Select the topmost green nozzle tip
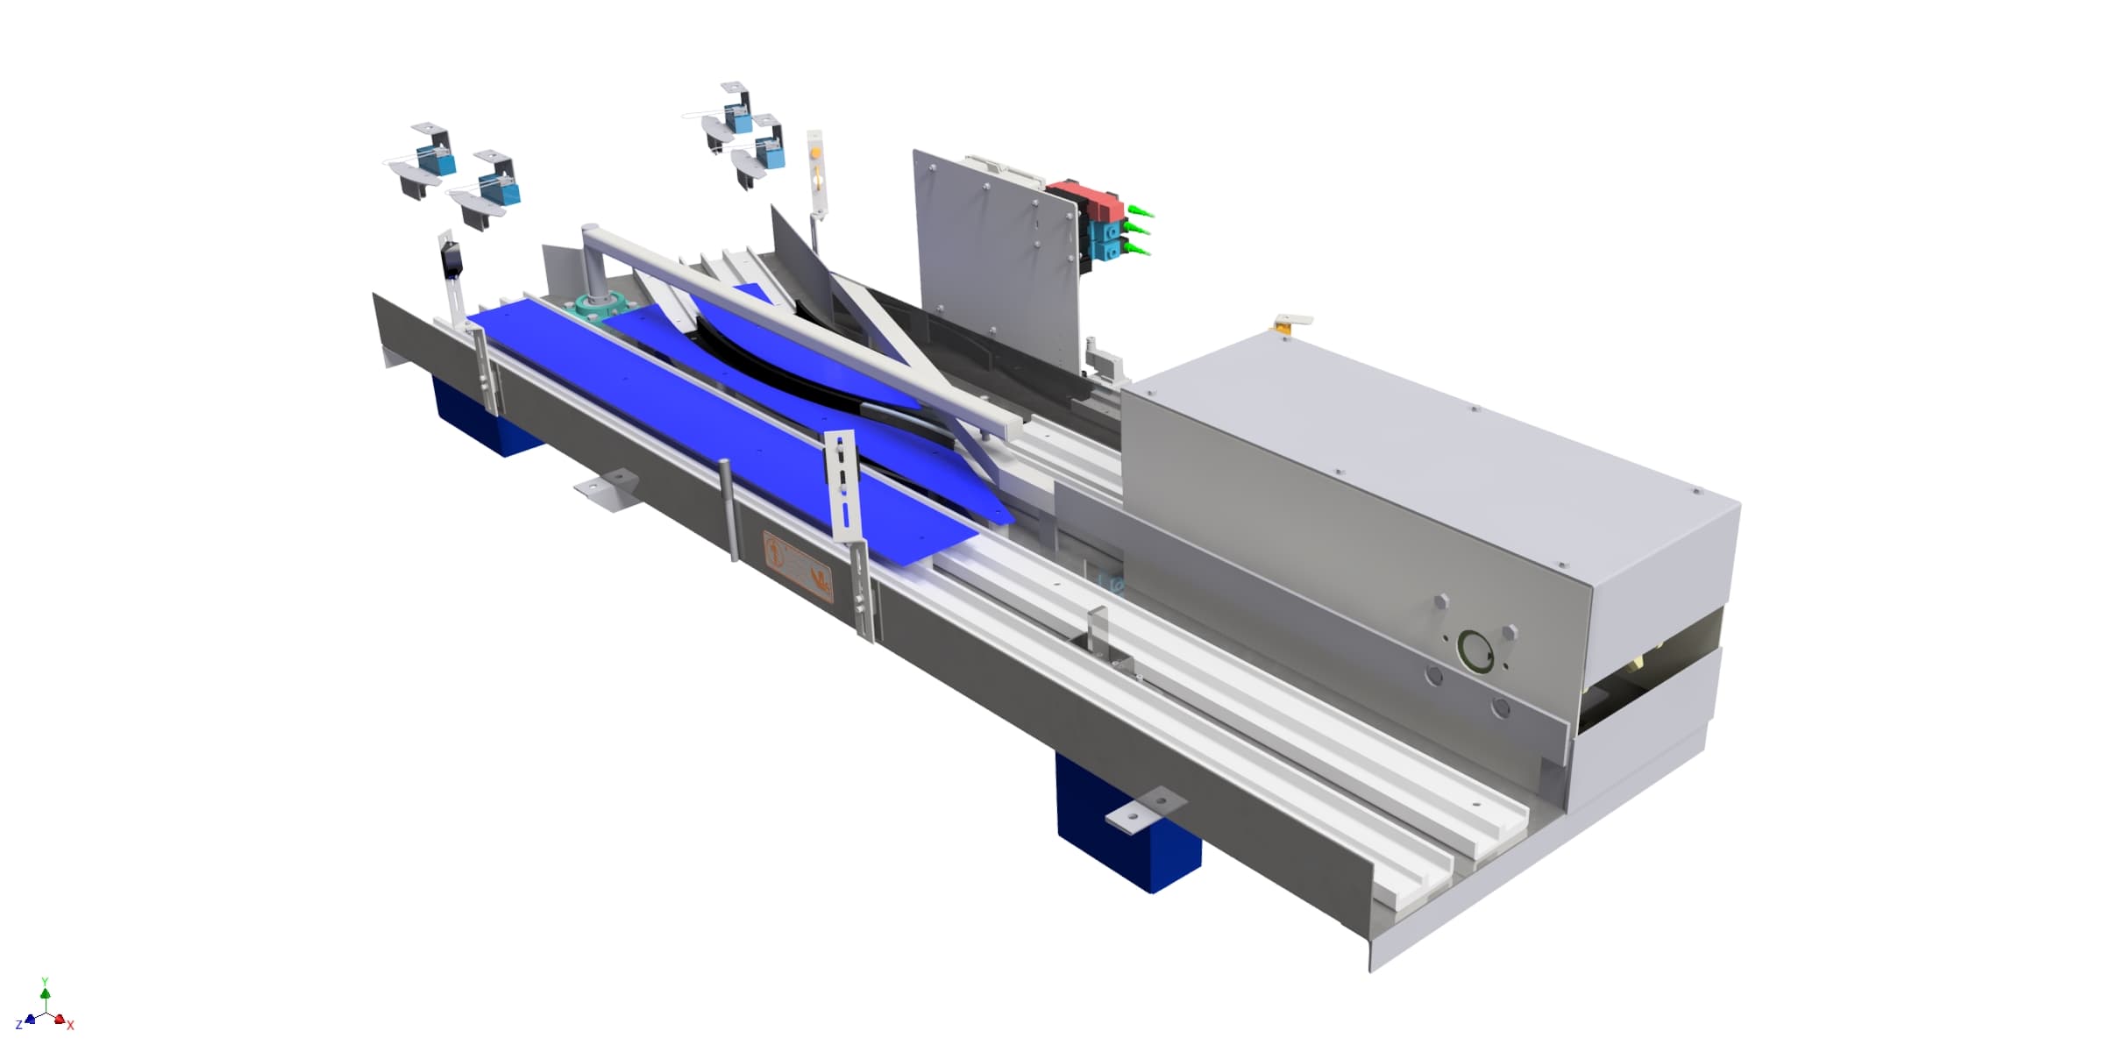click(x=1141, y=212)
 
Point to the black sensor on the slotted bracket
click(x=451, y=261)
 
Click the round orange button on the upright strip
click(x=817, y=154)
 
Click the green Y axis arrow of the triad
click(x=46, y=992)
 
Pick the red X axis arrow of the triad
click(x=60, y=1020)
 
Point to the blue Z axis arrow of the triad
click(x=30, y=1020)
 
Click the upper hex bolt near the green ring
click(x=1441, y=601)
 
